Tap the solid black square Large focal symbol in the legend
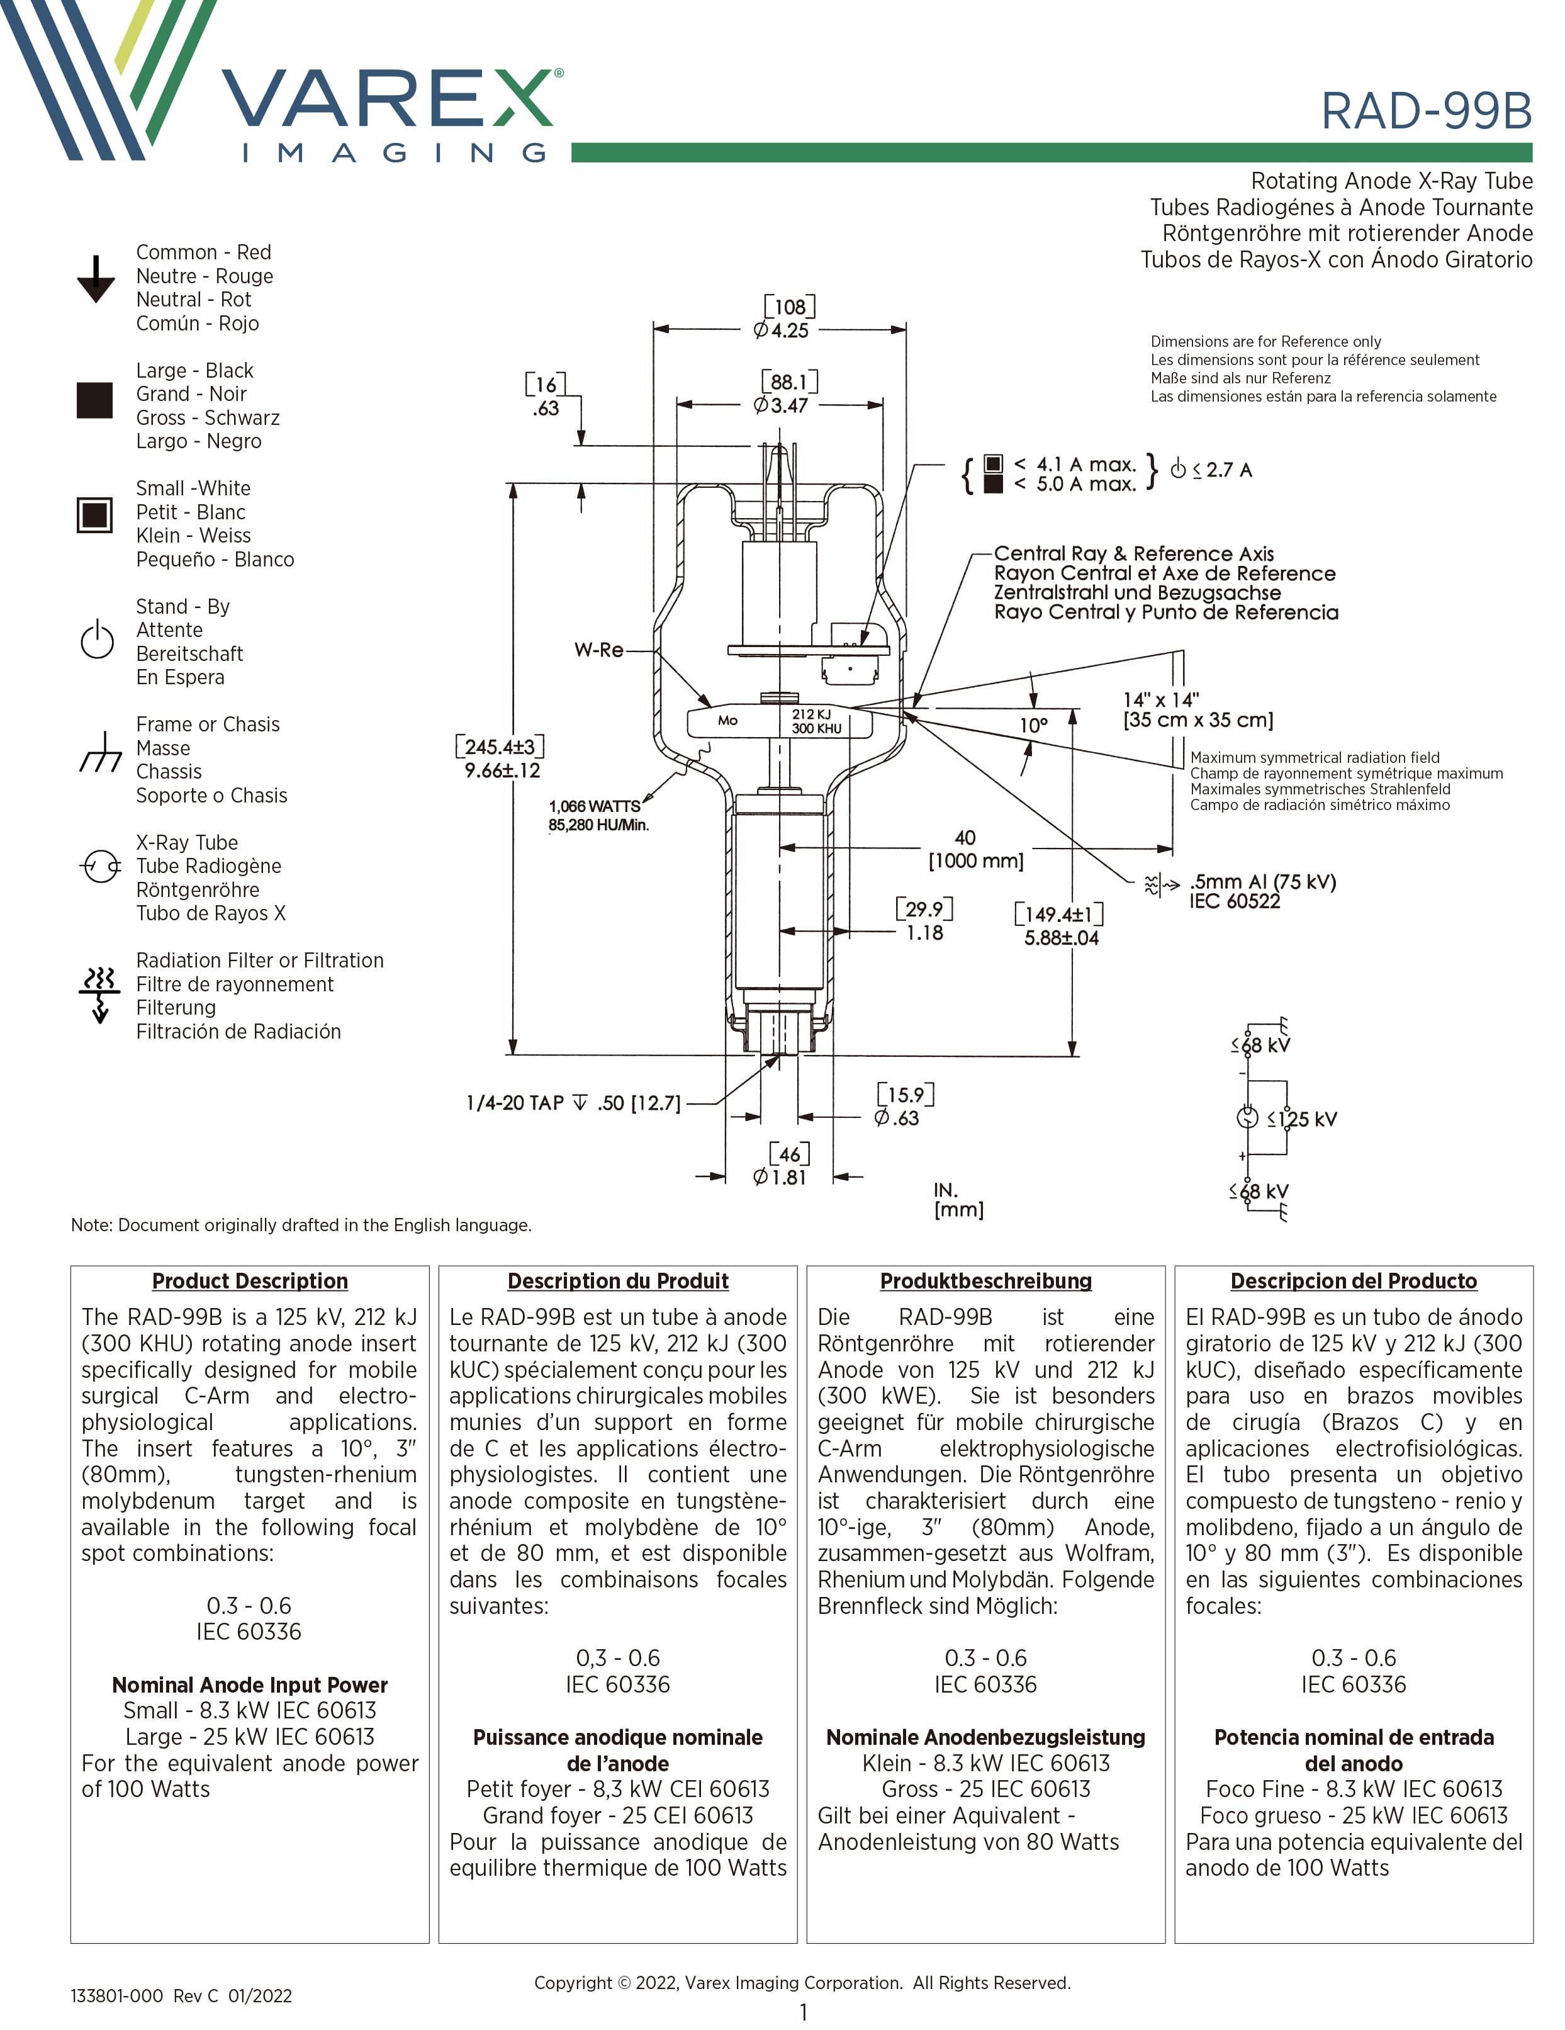click(95, 400)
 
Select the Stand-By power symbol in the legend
click(97, 640)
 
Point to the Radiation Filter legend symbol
click(99, 993)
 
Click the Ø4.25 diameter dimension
click(781, 330)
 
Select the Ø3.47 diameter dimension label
click(781, 405)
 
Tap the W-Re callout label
click(598, 650)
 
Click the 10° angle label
click(1033, 725)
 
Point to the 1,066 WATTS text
click(595, 806)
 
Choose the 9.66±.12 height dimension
click(502, 770)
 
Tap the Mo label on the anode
click(727, 720)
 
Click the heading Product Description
click(250, 1281)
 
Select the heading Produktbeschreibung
click(986, 1281)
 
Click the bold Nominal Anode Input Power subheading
click(250, 1685)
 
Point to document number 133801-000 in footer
click(117, 1995)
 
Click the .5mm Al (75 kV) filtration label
click(1262, 881)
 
